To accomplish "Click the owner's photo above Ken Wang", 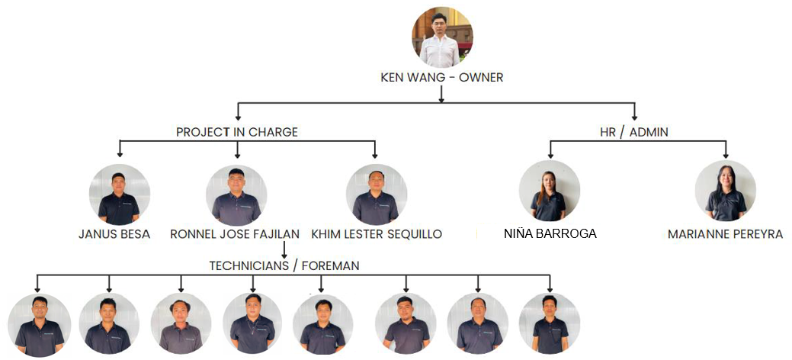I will click(442, 37).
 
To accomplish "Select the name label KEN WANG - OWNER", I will click(442, 77).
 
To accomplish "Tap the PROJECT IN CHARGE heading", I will click(237, 132).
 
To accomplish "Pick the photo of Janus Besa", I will click(119, 194).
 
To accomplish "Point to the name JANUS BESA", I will click(115, 234).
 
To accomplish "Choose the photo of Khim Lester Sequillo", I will click(376, 194).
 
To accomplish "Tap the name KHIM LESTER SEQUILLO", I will click(377, 234).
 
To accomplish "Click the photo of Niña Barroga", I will click(549, 191).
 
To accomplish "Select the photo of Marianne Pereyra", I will click(725, 191).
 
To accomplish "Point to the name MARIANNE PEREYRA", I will click(725, 234).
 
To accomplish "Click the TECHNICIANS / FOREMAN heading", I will click(284, 265).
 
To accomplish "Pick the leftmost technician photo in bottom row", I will click(38, 325).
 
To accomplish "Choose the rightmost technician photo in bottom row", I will click(550, 324).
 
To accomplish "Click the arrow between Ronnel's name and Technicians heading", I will click(284, 249).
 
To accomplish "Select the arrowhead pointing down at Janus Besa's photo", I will click(119, 155).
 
